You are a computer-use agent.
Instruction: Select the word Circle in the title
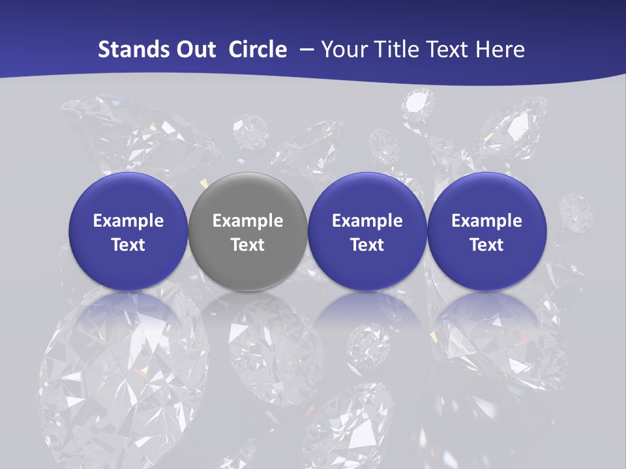click(x=258, y=50)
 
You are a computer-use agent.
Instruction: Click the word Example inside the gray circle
click(x=248, y=221)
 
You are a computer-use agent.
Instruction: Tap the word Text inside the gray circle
click(x=248, y=245)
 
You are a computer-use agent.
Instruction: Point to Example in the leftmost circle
click(x=128, y=221)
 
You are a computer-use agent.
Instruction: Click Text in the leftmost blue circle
click(x=128, y=245)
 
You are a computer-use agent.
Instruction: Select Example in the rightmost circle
click(x=486, y=221)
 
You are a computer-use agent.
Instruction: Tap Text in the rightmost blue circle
click(x=486, y=245)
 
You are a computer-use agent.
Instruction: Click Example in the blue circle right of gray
click(x=367, y=221)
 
